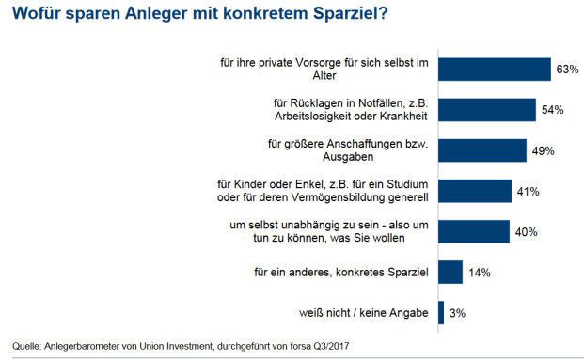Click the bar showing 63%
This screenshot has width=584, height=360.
[495, 70]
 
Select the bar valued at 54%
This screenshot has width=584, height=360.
[487, 110]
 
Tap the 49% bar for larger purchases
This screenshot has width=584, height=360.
[482, 150]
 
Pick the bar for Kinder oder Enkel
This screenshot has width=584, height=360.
[475, 191]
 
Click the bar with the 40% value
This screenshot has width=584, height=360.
[474, 232]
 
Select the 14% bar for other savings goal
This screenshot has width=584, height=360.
[450, 273]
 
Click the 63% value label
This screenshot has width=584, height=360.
[567, 70]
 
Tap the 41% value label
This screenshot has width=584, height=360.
[528, 192]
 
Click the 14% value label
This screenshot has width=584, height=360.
[479, 273]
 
